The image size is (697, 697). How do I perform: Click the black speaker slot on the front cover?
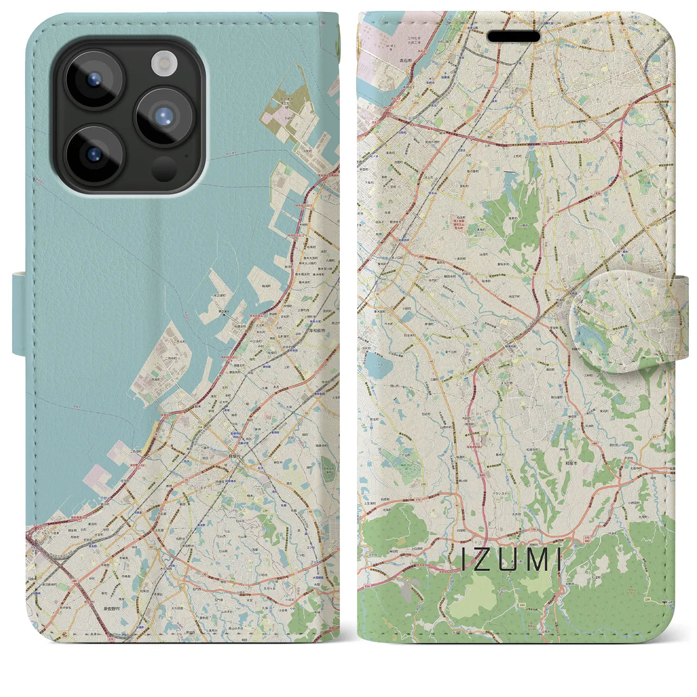point(513,36)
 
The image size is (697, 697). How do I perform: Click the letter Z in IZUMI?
point(483,560)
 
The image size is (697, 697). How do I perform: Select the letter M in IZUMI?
point(533,560)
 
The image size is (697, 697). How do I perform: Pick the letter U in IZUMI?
point(507,560)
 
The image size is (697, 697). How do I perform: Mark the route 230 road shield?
point(424,484)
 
